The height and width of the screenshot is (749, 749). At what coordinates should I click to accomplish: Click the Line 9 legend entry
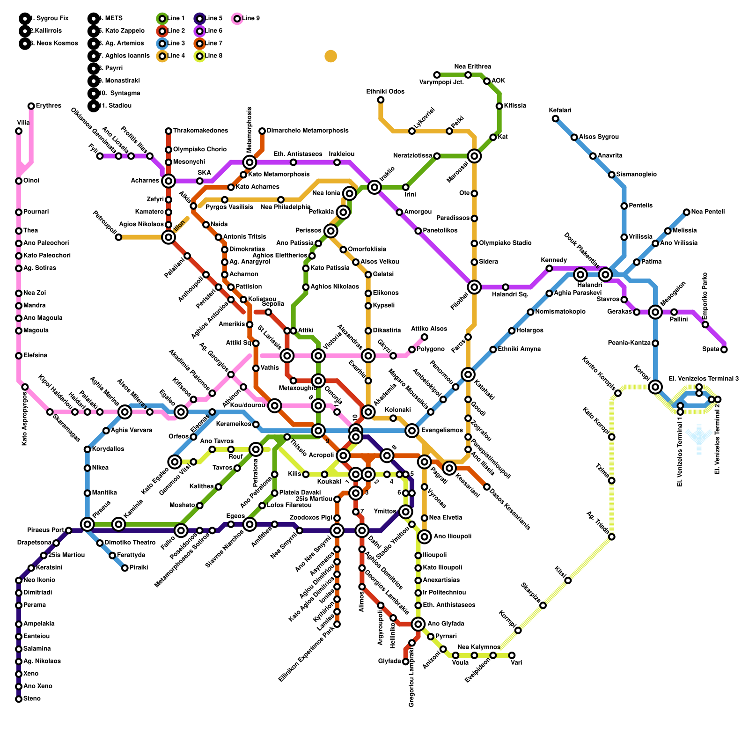click(x=246, y=19)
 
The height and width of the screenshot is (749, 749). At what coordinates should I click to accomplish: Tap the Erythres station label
click(x=48, y=106)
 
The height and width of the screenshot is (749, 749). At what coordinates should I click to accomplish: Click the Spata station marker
click(x=724, y=349)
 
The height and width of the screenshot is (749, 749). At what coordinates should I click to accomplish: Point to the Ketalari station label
click(x=560, y=110)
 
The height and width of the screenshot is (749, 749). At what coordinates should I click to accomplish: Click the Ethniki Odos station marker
click(x=381, y=100)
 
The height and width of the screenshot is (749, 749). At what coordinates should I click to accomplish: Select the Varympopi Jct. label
click(x=441, y=82)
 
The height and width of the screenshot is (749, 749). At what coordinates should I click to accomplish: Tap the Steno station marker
click(x=19, y=699)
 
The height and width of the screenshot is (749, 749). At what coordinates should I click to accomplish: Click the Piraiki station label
click(x=139, y=567)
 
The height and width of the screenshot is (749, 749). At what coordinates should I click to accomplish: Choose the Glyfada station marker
click(x=405, y=661)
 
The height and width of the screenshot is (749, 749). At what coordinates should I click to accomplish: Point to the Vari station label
click(x=516, y=663)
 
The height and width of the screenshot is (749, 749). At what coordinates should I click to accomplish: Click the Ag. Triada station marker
click(x=611, y=536)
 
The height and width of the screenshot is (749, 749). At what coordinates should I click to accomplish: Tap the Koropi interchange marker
click(x=655, y=387)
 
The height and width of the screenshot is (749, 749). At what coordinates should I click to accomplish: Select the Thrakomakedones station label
click(x=200, y=131)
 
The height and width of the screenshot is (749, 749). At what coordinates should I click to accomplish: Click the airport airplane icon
click(x=699, y=438)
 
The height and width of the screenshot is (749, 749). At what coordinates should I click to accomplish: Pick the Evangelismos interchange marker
click(x=412, y=430)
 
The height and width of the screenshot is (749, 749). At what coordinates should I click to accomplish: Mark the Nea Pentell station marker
click(x=686, y=212)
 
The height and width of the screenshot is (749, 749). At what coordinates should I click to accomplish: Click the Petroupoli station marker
click(x=118, y=237)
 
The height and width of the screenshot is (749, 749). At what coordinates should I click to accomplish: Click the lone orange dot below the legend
click(x=331, y=56)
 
